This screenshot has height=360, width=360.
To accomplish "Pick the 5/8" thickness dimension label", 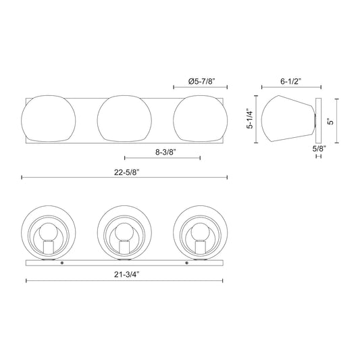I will click(318, 147).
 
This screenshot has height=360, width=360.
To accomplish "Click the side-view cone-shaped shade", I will click(289, 120).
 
